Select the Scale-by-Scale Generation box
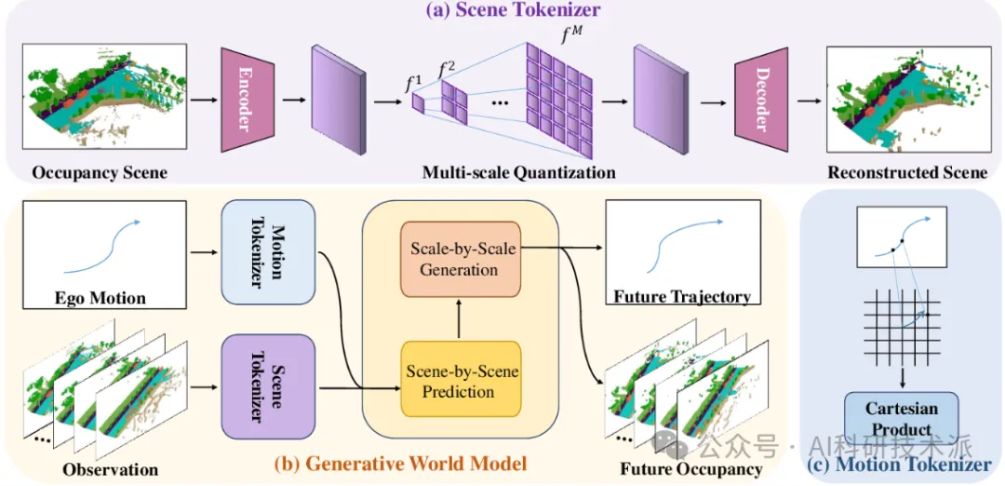tap(459, 259)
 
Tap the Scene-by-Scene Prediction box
tap(459, 380)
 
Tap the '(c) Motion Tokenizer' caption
tap(900, 465)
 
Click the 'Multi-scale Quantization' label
tap(518, 172)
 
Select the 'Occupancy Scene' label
tap(100, 172)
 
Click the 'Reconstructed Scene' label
tap(907, 172)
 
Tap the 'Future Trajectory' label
tap(681, 297)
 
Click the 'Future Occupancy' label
tap(691, 468)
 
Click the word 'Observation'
tap(111, 468)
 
